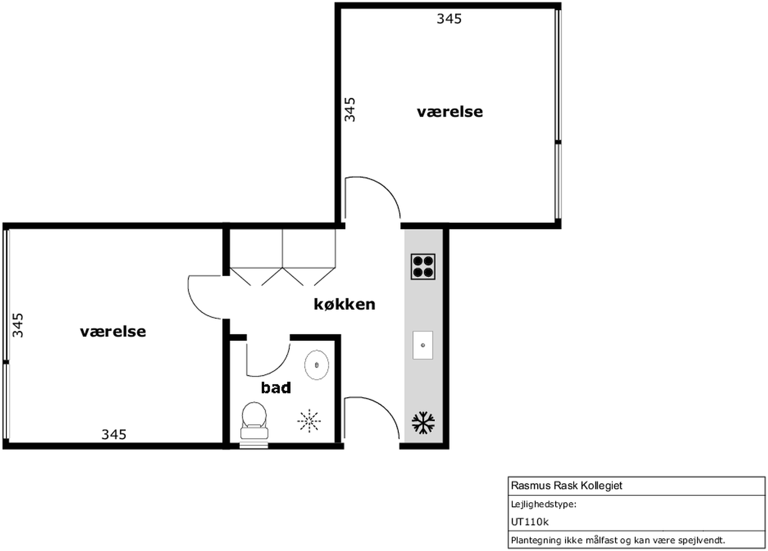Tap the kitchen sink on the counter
pyautogui.click(x=423, y=345)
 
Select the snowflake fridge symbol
pyautogui.click(x=423, y=423)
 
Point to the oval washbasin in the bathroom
pyautogui.click(x=317, y=365)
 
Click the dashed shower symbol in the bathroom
pyautogui.click(x=309, y=421)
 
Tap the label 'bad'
pyautogui.click(x=276, y=388)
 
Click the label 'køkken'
pyautogui.click(x=345, y=304)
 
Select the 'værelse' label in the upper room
pyautogui.click(x=450, y=112)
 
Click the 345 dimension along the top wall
pyautogui.click(x=449, y=19)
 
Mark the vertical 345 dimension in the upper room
pyautogui.click(x=350, y=109)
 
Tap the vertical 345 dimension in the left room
pyautogui.click(x=18, y=325)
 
